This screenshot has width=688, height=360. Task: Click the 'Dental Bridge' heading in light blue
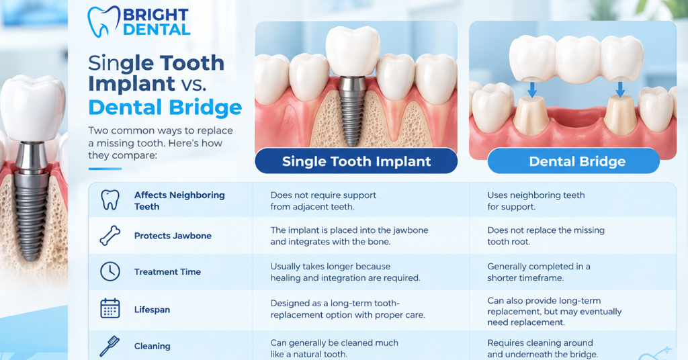165,107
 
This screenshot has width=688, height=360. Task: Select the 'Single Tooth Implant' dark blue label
356,161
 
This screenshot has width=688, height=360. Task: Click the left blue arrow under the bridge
532,89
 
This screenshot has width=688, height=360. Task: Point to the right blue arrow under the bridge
620,89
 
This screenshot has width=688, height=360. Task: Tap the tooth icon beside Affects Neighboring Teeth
110,200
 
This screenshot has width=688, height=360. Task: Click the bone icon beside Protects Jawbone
110,236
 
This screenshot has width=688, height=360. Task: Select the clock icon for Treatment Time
110,271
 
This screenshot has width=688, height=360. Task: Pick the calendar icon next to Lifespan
110,308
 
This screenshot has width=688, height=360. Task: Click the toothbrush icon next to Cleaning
110,346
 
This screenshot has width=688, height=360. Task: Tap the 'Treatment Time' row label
167,272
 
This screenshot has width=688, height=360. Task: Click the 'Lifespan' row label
152,310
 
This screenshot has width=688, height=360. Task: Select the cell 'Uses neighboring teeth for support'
535,201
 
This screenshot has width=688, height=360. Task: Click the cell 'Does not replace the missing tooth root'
546,236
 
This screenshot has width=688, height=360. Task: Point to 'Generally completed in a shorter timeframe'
538,272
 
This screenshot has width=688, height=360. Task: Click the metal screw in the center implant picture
353,111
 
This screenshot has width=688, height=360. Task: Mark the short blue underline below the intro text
105,169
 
